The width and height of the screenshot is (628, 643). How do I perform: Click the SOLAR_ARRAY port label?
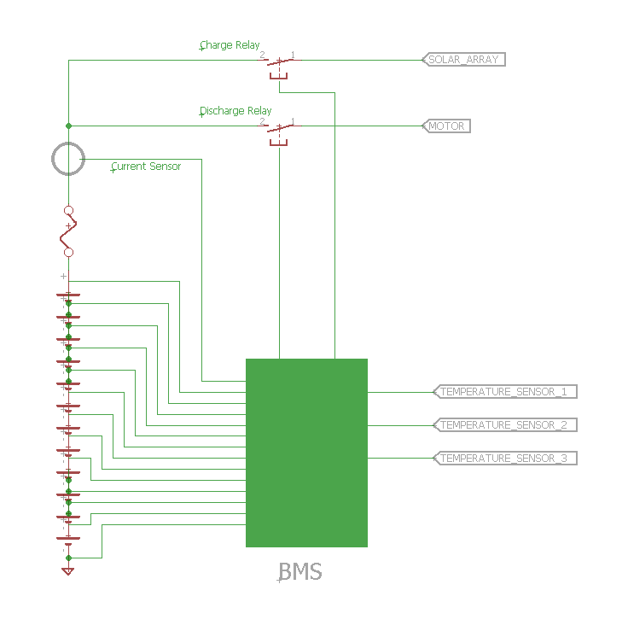tap(463, 60)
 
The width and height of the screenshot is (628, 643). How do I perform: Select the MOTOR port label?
tap(446, 126)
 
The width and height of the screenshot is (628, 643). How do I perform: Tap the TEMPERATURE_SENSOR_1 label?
tap(505, 392)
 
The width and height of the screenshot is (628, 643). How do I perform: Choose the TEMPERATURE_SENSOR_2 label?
tap(505, 425)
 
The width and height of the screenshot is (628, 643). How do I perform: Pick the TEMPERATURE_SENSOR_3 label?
tap(505, 458)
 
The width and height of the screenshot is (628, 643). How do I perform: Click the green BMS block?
tap(306, 453)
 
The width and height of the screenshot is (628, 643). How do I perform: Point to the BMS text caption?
tap(299, 571)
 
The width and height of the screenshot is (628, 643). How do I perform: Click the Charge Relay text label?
tap(230, 44)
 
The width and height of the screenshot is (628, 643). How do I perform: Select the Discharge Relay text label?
tap(235, 111)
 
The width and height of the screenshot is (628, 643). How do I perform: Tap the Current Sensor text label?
tap(146, 167)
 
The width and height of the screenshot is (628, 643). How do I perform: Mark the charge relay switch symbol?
tap(279, 67)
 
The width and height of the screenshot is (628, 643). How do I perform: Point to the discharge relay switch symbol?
tap(279, 133)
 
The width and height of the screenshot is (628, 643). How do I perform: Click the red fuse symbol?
tap(68, 231)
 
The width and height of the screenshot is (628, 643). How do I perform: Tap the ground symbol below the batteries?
tap(68, 570)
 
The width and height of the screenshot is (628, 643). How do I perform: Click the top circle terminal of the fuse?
tap(68, 210)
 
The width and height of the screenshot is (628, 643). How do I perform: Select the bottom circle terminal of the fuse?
tap(68, 253)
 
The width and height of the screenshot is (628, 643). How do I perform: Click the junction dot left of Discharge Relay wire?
tap(68, 126)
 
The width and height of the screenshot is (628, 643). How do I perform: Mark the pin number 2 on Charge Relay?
tap(262, 55)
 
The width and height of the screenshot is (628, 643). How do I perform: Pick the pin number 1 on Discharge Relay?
tap(293, 121)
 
